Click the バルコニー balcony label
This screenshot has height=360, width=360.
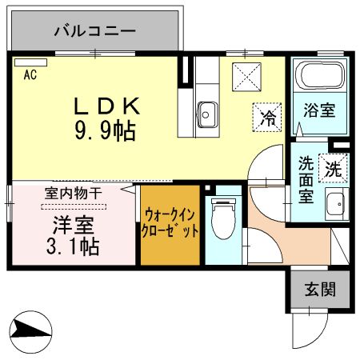[x=95, y=31]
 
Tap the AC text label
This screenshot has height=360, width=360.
[x=30, y=76]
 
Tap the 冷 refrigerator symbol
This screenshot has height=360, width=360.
[x=266, y=118]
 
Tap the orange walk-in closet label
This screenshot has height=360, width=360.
[x=170, y=224]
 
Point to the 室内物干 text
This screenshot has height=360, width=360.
[x=72, y=193]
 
